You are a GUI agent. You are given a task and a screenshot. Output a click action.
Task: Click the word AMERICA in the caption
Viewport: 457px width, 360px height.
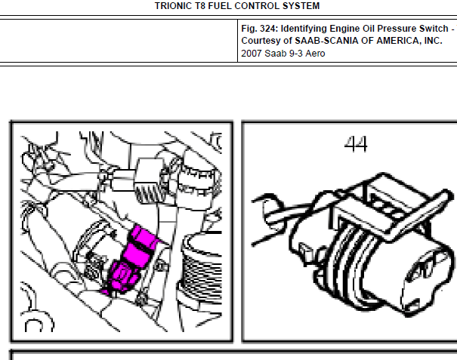[x=399, y=41]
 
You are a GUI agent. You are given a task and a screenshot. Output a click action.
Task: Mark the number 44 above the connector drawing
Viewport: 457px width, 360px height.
[x=356, y=144]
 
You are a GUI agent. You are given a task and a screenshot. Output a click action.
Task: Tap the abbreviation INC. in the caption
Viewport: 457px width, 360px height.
[x=433, y=41]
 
